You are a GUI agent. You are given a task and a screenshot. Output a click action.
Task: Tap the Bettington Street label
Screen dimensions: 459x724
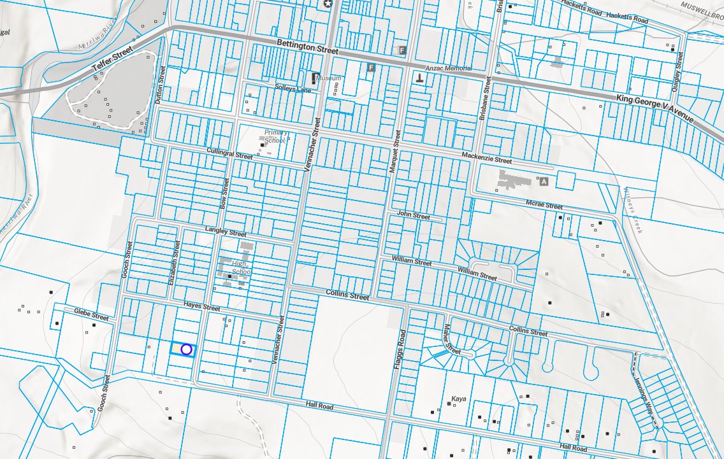pyautogui.click(x=307, y=46)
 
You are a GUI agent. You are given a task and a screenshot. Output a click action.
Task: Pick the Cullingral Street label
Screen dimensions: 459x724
pyautogui.click(x=229, y=153)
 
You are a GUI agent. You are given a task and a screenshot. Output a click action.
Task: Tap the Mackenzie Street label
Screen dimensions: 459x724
pyautogui.click(x=487, y=159)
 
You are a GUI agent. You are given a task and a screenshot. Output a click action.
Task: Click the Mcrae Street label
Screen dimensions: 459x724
pyautogui.click(x=544, y=205)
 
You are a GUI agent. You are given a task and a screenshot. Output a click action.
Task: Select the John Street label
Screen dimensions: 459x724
pyautogui.click(x=413, y=216)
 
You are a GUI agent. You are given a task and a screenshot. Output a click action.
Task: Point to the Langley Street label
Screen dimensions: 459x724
pyautogui.click(x=225, y=232)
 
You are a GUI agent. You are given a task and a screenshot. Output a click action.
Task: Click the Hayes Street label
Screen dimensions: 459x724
pyautogui.click(x=201, y=306)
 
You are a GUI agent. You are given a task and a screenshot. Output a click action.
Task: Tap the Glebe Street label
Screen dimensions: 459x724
pyautogui.click(x=91, y=314)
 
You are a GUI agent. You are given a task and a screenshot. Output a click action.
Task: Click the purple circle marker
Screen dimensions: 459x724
pyautogui.click(x=186, y=349)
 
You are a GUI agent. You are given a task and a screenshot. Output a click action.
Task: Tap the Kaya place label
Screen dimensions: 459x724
pyautogui.click(x=459, y=399)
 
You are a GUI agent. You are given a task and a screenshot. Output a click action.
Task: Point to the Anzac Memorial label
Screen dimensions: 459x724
pyautogui.click(x=449, y=68)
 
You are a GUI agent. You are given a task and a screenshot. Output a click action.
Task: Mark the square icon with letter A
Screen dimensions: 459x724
pyautogui.click(x=544, y=181)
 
